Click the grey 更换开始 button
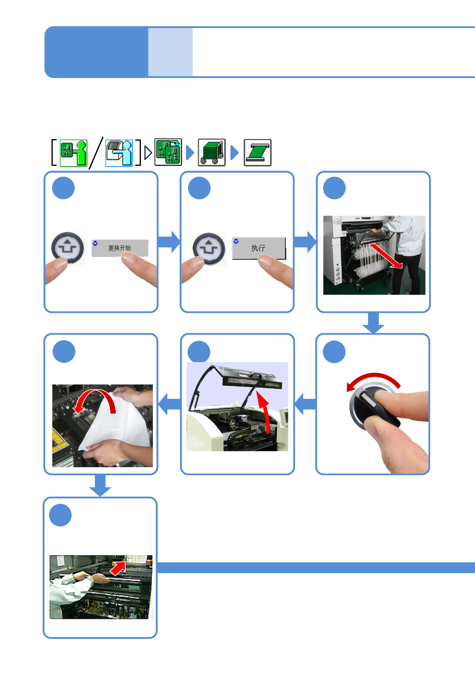[120, 248]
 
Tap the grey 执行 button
[259, 248]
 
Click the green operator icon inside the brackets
[73, 153]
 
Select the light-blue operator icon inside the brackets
[119, 153]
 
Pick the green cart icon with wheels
[212, 152]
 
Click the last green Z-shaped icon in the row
[257, 152]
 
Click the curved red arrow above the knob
[373, 380]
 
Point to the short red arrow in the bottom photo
[118, 567]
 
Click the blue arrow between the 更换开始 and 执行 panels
[169, 242]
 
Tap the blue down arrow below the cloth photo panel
[100, 485]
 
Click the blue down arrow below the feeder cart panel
[373, 323]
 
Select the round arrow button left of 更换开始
[67, 248]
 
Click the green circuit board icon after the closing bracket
[168, 152]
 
